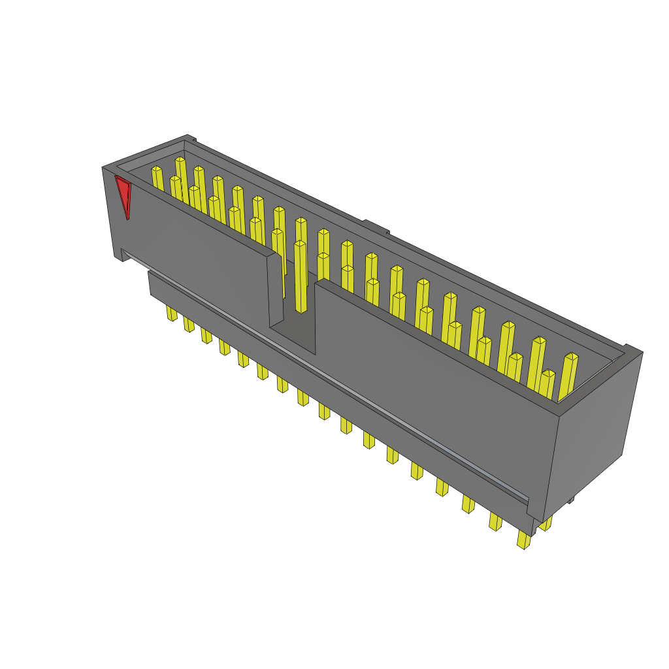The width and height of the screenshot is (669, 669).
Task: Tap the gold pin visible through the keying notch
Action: pos(300,278)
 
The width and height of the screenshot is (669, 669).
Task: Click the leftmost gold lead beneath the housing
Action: pos(172,313)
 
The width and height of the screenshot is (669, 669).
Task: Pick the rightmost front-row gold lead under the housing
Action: pos(523,539)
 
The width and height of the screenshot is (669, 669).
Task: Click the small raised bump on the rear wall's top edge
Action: pos(375,226)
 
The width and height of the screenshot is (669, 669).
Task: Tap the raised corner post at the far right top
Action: pos(632,350)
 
